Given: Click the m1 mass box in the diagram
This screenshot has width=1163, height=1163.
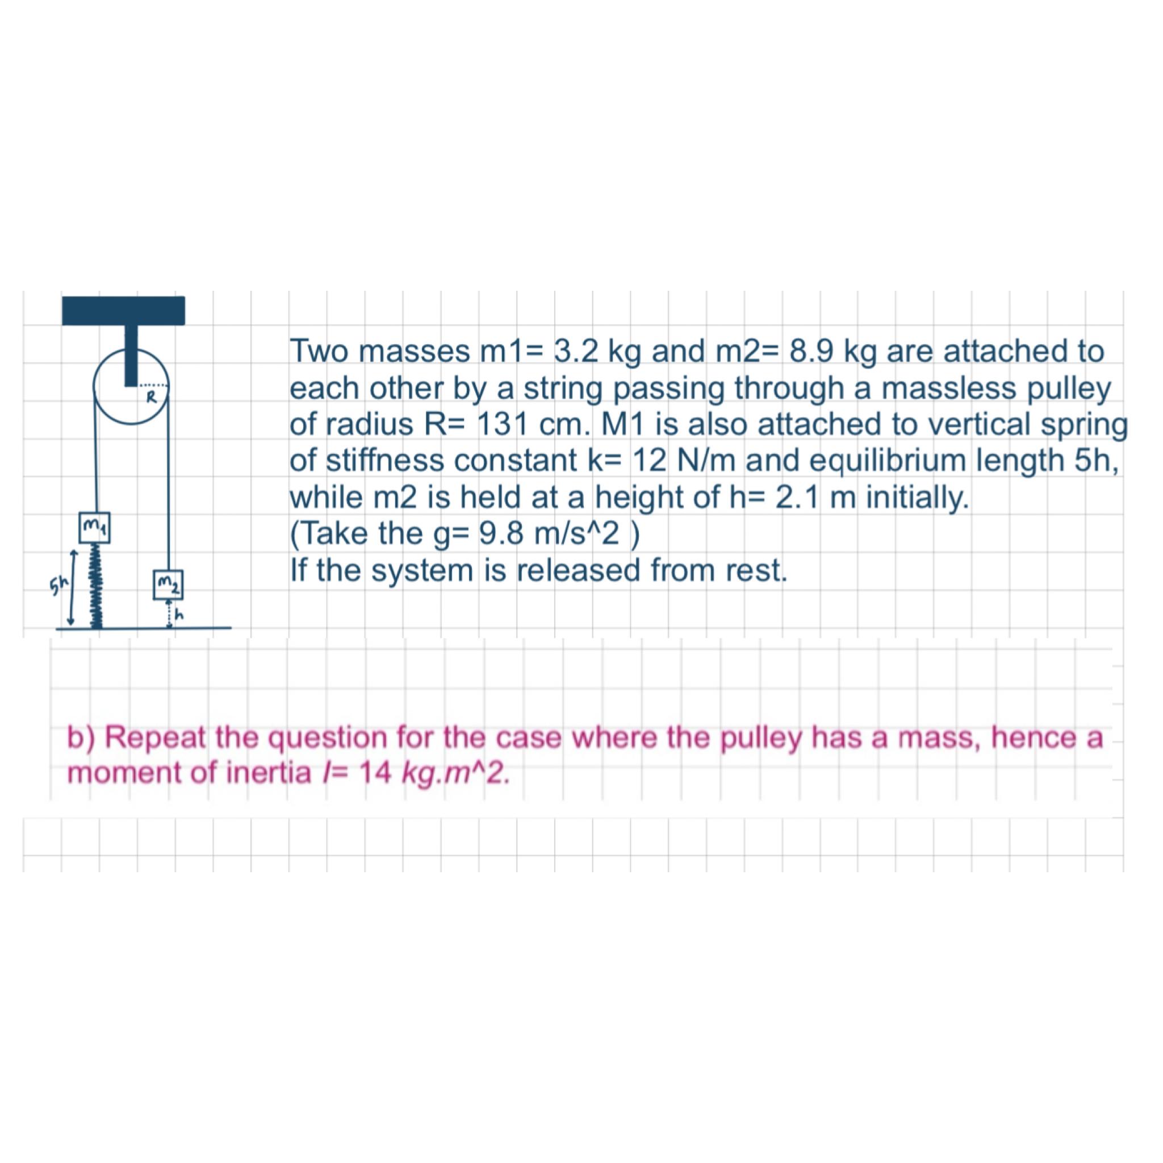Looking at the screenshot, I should click(x=94, y=527).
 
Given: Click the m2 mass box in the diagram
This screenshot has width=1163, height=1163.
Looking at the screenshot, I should click(x=169, y=584).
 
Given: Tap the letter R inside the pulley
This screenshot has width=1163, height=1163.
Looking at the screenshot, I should click(x=152, y=396).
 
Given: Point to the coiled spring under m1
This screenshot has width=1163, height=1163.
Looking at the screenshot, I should click(x=95, y=585).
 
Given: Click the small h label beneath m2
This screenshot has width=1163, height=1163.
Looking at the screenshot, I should click(x=179, y=615).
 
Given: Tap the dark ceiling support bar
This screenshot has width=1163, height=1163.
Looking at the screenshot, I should click(x=123, y=311).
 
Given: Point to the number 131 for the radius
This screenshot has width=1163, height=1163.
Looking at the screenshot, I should click(x=501, y=425).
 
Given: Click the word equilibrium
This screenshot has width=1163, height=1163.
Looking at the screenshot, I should click(x=878, y=461).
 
